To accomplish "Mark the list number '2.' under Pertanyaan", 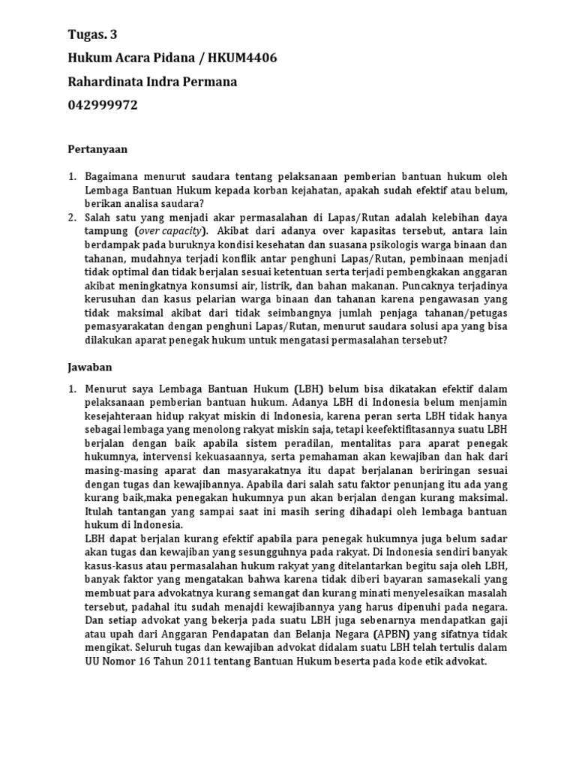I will (73, 217).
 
